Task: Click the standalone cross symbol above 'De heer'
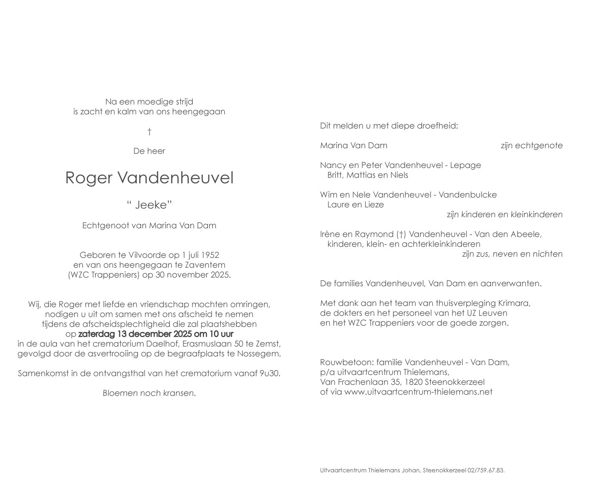[x=149, y=131]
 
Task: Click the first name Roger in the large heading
[x=88, y=178]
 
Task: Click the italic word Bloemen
[x=120, y=393]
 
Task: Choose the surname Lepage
[x=467, y=165]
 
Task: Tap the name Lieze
[x=374, y=205]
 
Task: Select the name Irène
[x=330, y=234]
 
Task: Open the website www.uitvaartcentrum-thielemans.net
[x=418, y=392]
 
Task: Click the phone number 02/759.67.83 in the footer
[x=485, y=470]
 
